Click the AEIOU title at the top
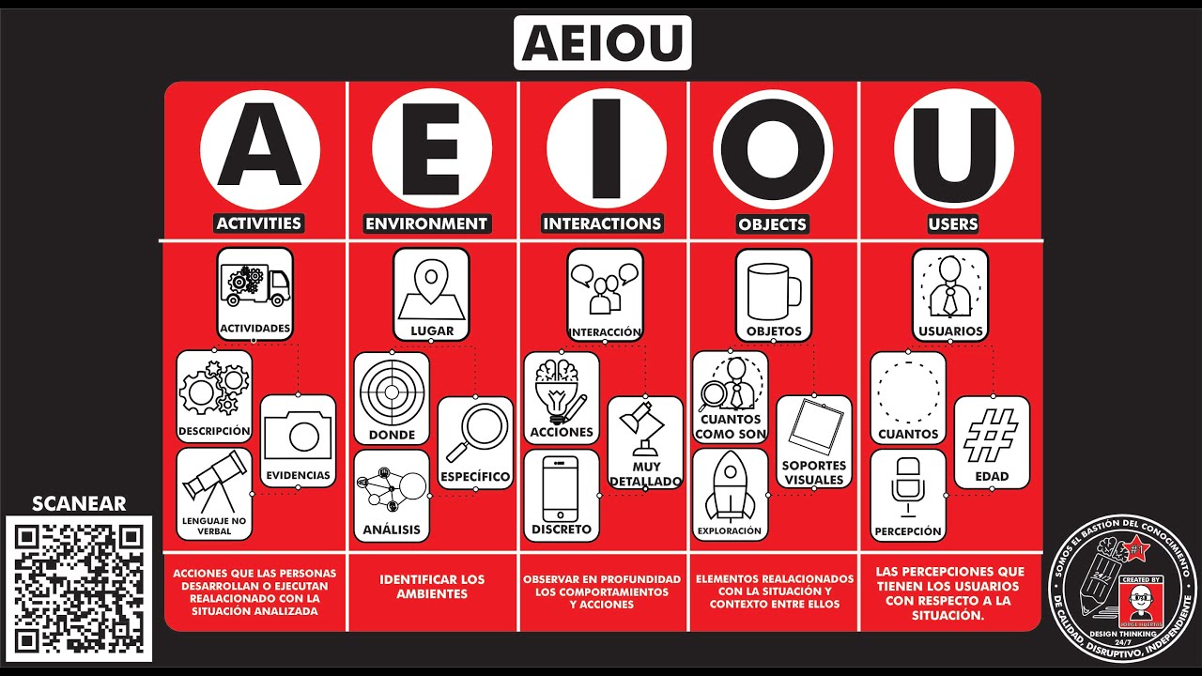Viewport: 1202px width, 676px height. [602, 42]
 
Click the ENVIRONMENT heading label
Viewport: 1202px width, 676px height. [426, 223]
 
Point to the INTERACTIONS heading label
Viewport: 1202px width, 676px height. [602, 223]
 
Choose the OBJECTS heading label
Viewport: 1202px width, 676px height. [772, 224]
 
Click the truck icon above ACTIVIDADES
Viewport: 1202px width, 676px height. [254, 283]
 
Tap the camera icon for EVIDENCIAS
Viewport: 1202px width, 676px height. [298, 433]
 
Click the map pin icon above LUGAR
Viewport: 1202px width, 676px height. [431, 285]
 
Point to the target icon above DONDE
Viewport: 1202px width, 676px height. [392, 390]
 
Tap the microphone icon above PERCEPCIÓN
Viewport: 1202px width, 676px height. [907, 486]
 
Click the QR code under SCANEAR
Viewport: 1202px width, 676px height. [79, 588]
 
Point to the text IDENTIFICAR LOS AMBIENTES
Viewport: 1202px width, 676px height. [432, 587]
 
